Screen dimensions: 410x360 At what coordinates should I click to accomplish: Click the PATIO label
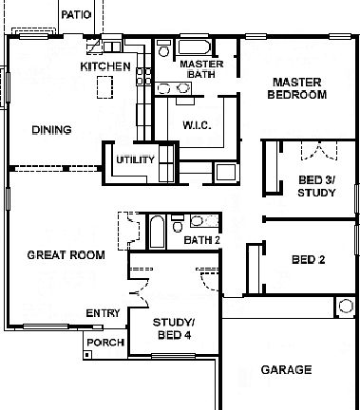(75, 15)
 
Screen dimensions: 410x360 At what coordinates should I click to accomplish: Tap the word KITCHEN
(104, 66)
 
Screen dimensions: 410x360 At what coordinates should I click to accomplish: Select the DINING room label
(51, 130)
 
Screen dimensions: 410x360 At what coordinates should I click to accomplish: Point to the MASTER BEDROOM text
(298, 88)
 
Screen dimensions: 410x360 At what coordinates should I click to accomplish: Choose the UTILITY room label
(135, 159)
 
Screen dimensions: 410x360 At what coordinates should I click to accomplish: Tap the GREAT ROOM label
(66, 254)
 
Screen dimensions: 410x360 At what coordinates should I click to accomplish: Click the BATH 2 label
(201, 240)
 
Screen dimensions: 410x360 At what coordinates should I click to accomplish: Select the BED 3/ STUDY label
(316, 186)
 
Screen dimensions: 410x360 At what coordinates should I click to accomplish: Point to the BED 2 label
(310, 258)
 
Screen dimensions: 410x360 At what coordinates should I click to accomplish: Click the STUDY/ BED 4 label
(174, 327)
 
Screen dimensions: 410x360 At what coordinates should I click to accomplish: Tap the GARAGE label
(286, 369)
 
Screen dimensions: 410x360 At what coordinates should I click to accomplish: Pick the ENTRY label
(103, 313)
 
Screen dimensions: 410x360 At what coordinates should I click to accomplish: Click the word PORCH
(104, 343)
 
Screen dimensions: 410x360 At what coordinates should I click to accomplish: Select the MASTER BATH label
(202, 69)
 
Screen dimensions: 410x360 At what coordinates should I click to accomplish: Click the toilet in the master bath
(162, 47)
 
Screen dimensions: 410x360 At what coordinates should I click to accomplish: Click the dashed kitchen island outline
(104, 86)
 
